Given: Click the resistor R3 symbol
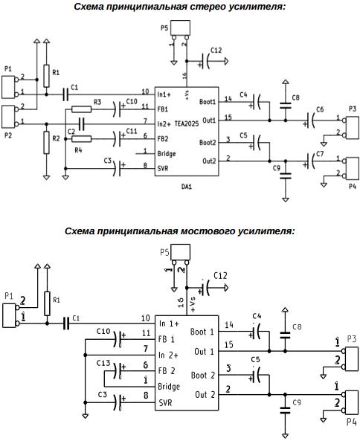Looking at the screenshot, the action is [x=81, y=109].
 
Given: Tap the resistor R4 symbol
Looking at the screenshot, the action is [x=81, y=139].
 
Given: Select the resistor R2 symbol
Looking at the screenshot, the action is [x=46, y=142].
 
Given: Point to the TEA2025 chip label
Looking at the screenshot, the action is [x=187, y=123].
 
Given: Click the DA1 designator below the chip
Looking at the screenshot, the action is [x=187, y=187].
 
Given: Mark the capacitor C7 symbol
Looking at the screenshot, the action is [x=309, y=161].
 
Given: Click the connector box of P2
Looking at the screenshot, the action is [x=8, y=117].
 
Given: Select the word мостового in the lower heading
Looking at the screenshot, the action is [x=208, y=231].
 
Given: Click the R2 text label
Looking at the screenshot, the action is [x=56, y=138].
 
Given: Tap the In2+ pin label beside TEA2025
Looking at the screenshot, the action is [x=164, y=123].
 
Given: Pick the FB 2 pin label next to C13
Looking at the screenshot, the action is [x=167, y=370].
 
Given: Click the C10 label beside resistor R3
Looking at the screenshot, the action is [x=132, y=101].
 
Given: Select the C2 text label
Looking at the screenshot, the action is [x=71, y=132].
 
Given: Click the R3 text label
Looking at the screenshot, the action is [x=97, y=102].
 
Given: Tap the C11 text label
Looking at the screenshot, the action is [x=132, y=131].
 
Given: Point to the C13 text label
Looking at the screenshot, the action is [x=103, y=363].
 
